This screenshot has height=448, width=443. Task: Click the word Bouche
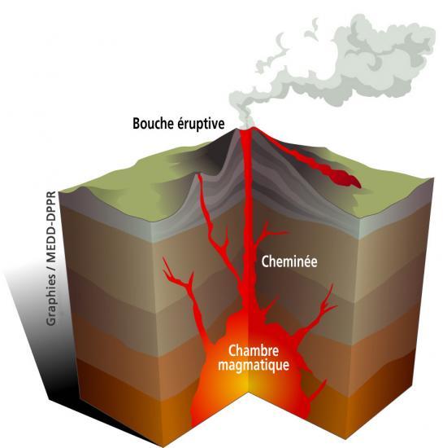tap(154, 124)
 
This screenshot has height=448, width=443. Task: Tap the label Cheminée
tap(289, 261)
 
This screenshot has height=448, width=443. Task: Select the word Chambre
tap(253, 351)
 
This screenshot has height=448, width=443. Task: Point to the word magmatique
tap(254, 366)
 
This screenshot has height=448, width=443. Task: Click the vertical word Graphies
tap(51, 300)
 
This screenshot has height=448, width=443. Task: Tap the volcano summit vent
tap(245, 131)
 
